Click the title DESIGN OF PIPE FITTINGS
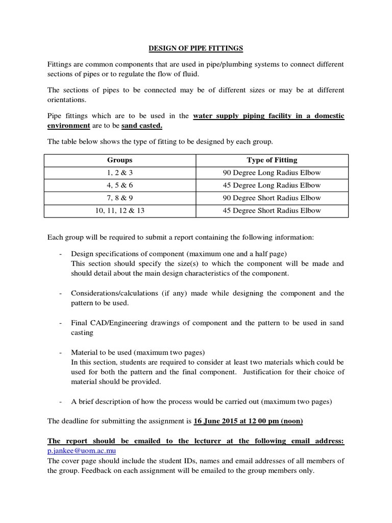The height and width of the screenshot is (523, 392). point(196,49)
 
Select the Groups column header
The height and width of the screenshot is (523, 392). point(120,160)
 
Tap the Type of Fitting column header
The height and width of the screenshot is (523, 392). point(272,160)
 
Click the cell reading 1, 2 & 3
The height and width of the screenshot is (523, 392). point(120,173)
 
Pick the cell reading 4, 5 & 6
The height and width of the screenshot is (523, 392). point(120,185)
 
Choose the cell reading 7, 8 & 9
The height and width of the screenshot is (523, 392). point(120,198)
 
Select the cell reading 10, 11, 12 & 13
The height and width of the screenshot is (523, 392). point(120,210)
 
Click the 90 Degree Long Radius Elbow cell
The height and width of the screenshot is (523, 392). point(272,173)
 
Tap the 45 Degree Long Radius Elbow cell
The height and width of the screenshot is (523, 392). point(272,185)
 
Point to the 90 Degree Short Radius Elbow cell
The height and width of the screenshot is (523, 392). point(272,198)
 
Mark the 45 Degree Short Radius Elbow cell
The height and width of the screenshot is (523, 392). point(272,210)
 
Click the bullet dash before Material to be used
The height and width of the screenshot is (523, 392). point(61,353)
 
